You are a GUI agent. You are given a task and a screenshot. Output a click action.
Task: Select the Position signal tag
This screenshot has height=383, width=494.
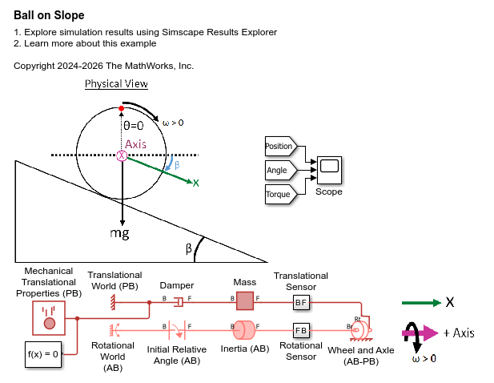(x=279, y=146)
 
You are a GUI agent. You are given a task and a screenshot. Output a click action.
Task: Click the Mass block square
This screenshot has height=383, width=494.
(x=244, y=301)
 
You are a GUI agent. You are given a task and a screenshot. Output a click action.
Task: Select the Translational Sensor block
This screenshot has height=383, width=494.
(x=301, y=302)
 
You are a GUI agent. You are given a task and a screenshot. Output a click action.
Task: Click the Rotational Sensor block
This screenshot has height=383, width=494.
(x=301, y=330)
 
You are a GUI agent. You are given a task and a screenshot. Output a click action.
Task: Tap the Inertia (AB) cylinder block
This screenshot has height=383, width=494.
(x=243, y=330)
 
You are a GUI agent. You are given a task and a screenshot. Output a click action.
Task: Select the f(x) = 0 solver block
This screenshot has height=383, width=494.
(x=39, y=353)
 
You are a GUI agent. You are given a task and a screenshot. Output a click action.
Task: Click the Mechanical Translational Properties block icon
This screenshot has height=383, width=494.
(x=49, y=317)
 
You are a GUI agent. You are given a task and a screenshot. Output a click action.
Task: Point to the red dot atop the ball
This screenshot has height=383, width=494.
(x=122, y=107)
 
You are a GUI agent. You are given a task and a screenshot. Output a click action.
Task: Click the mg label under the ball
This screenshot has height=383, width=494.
(x=120, y=233)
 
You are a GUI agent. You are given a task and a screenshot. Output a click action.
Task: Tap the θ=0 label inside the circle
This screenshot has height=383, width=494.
(x=133, y=126)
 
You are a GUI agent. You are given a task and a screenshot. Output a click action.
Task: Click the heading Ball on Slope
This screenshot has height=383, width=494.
(x=49, y=15)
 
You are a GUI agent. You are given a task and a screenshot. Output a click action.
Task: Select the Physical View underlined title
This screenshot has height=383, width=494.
(x=116, y=84)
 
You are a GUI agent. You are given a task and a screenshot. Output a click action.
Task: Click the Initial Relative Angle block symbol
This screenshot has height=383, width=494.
(x=177, y=329)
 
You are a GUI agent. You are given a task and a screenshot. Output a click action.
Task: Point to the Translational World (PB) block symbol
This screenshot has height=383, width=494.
(x=114, y=301)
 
